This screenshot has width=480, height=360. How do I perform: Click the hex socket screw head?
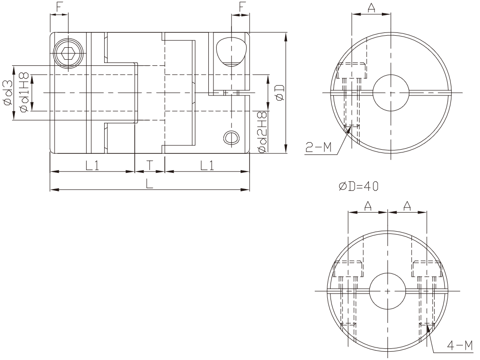click(x=68, y=54)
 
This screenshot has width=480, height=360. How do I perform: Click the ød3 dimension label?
click(x=8, y=93)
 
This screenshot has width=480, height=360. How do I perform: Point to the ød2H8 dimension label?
click(x=262, y=133)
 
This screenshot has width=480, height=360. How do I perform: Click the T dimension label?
click(x=150, y=165)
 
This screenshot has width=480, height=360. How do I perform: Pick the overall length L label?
click(x=149, y=184)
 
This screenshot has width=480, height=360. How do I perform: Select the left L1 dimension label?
click(x=92, y=165)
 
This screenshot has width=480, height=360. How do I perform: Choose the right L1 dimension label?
click(x=207, y=165)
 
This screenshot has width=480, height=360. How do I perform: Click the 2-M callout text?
click(x=318, y=148)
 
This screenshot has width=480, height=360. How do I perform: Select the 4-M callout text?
click(x=460, y=346)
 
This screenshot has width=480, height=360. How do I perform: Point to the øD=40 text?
click(x=359, y=186)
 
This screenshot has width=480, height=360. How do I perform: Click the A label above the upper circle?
click(x=371, y=8)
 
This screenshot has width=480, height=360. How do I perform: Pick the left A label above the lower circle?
click(x=368, y=207)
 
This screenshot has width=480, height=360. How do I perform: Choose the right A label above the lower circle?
click(x=407, y=207)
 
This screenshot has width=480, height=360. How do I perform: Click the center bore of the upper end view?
click(x=391, y=93)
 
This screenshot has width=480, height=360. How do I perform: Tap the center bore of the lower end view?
click(x=387, y=291)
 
